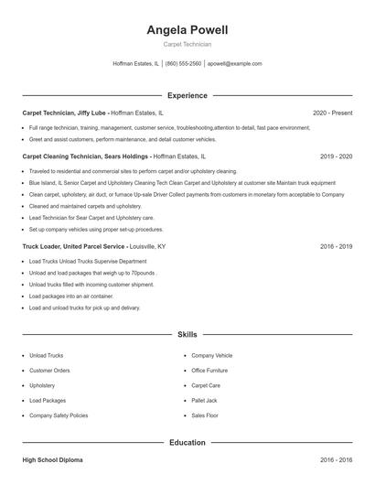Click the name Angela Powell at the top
[x=187, y=30]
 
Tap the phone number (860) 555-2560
[x=183, y=64]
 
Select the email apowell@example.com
[x=234, y=64]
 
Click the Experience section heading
[x=187, y=95]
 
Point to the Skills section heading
[x=187, y=335]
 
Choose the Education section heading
[x=187, y=442]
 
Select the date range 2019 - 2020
[x=336, y=156]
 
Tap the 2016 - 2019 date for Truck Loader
[x=336, y=246]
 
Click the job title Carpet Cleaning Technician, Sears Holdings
[x=86, y=156]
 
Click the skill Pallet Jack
[x=205, y=400]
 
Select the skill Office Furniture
[x=210, y=370]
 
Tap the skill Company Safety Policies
[x=59, y=415]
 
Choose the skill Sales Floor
[x=205, y=415]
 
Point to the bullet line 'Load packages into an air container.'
[x=71, y=296]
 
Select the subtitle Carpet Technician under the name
[x=187, y=45]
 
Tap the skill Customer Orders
[x=49, y=370]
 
